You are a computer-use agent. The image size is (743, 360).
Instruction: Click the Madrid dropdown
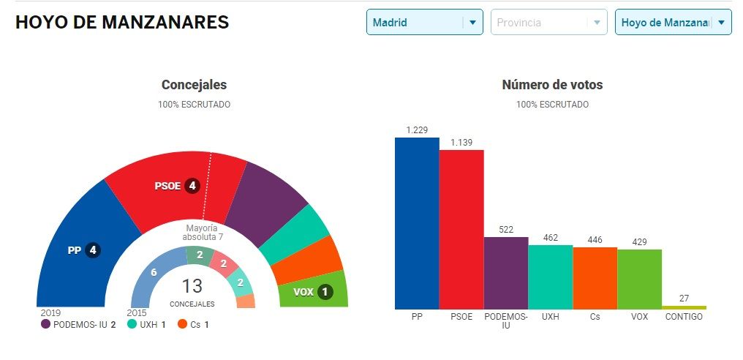point(424,22)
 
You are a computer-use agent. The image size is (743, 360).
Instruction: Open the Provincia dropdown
point(548,22)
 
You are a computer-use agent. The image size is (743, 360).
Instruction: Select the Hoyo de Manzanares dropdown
point(673,22)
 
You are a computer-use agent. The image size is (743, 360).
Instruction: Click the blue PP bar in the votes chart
point(417,223)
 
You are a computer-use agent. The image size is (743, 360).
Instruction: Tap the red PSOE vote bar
point(461,229)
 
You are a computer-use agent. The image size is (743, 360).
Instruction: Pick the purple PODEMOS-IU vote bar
point(506,273)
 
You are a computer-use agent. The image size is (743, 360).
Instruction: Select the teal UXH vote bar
point(551,277)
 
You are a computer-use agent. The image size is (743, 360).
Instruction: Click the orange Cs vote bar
point(595,278)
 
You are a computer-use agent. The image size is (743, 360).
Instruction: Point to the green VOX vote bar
point(640,279)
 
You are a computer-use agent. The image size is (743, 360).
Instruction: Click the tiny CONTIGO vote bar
point(684,307)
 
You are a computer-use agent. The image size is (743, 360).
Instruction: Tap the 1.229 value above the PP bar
point(417,130)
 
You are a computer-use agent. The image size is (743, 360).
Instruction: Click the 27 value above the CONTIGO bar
point(684,299)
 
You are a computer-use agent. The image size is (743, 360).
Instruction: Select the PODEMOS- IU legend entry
point(79,323)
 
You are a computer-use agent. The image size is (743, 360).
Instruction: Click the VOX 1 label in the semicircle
point(312,292)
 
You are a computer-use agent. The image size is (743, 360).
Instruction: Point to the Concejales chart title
point(194,85)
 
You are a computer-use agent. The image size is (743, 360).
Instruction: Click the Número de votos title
point(552,85)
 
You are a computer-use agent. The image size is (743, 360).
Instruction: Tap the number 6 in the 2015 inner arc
point(154,272)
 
